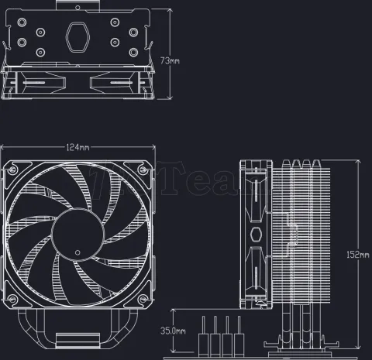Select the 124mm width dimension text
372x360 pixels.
point(77,146)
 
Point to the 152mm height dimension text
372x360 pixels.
point(360,255)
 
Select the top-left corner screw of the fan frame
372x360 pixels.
point(12,168)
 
